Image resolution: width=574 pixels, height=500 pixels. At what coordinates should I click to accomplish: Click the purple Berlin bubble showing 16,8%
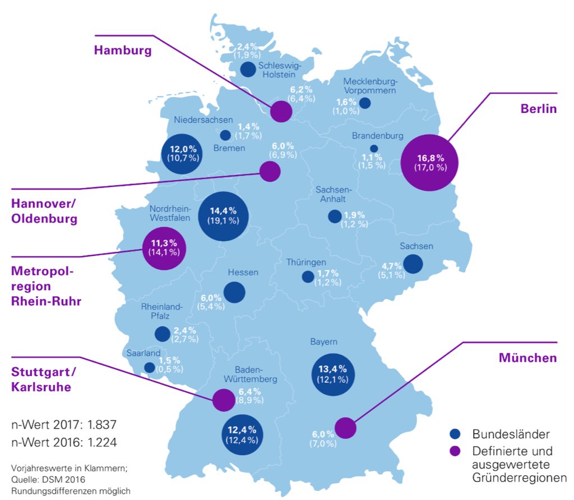430,163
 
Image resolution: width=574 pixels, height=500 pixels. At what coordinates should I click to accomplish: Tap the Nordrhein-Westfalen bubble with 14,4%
224,216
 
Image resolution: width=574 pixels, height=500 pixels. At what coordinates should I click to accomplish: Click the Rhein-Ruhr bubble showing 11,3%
164,248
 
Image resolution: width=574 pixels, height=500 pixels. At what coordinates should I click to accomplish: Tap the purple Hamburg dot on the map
281,112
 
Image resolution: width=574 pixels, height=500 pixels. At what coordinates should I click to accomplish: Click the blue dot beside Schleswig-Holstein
247,70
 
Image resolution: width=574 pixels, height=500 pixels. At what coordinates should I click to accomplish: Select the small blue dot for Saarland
150,368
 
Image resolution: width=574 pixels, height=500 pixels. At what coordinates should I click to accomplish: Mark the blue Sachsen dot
413,264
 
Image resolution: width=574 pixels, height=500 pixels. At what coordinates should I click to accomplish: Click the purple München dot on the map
346,428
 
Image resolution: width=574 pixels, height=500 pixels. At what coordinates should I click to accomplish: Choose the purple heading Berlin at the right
538,109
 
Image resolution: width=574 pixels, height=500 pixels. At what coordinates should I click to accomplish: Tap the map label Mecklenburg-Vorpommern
370,86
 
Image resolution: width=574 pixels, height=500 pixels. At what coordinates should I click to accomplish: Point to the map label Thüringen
306,263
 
